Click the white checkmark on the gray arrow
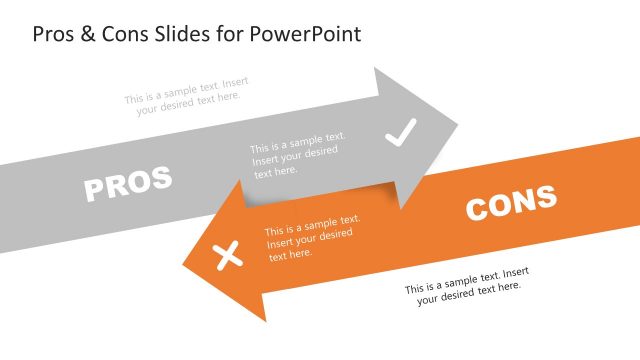[400, 133]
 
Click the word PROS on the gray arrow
[127, 183]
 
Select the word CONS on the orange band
[511, 203]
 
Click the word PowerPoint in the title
[307, 33]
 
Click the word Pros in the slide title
[54, 33]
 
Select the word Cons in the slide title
[121, 33]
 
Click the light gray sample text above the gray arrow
[186, 90]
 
